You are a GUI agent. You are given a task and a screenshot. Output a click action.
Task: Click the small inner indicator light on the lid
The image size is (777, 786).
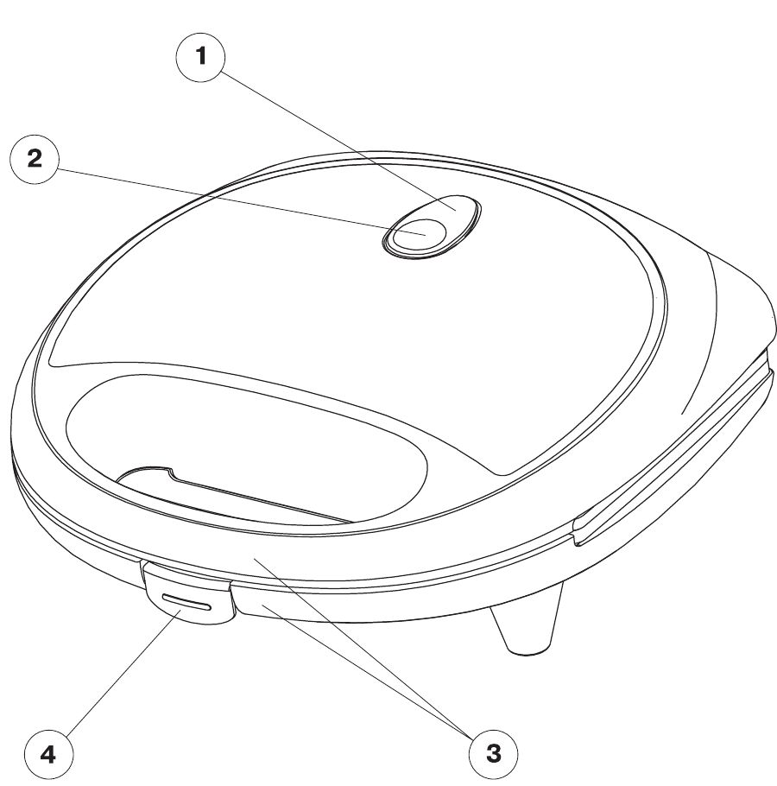click(x=419, y=233)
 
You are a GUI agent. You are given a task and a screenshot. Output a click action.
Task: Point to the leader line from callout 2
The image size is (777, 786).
click(x=242, y=202)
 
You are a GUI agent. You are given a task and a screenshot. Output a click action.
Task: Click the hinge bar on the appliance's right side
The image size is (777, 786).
click(x=673, y=458)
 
